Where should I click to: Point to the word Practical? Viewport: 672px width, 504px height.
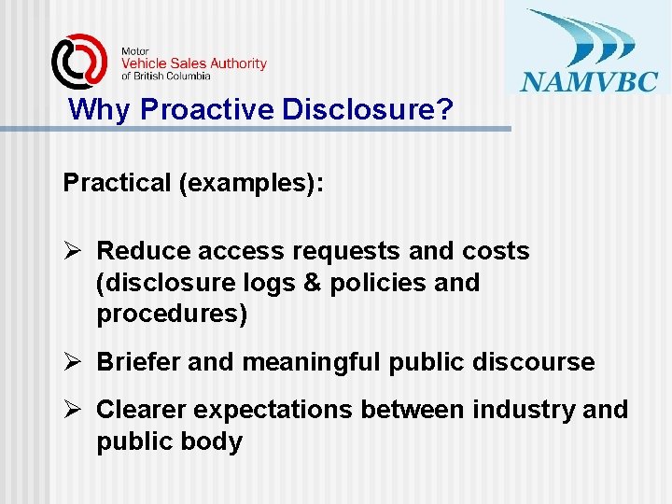117,182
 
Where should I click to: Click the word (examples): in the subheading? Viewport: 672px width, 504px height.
252,182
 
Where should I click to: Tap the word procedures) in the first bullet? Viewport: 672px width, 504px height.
172,315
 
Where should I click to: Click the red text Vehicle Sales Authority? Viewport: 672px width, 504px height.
194,63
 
